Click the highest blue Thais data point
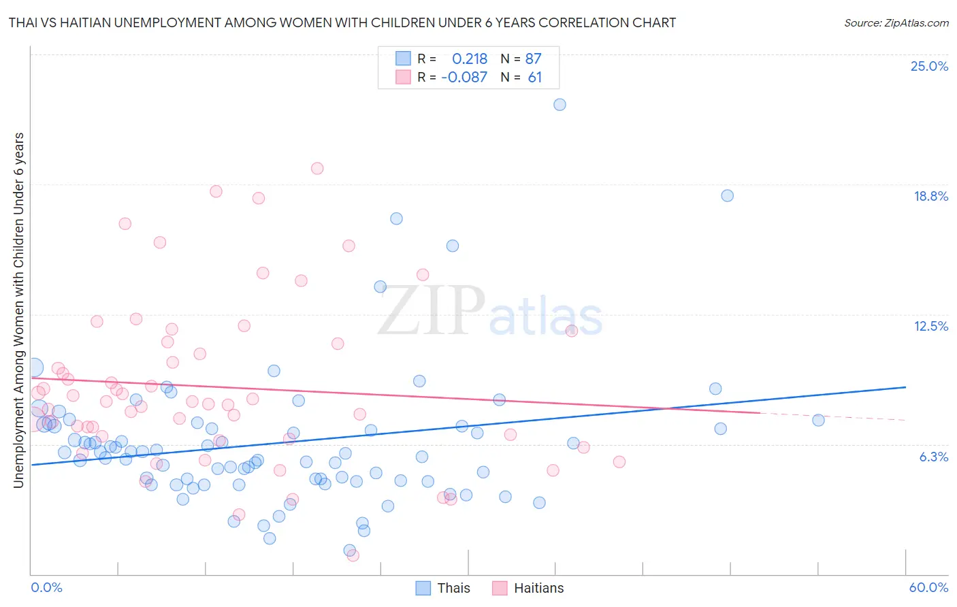click(x=559, y=104)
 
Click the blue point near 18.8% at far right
click(x=727, y=195)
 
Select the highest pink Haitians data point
click(x=317, y=168)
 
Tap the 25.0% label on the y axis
click(x=929, y=66)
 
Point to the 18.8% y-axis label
click(x=930, y=196)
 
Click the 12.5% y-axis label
click(x=930, y=326)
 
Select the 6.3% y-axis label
click(x=933, y=457)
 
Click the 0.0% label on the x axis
click(x=46, y=587)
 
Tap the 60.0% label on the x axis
click(x=928, y=587)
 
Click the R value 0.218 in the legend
click(x=470, y=59)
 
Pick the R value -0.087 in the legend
click(x=464, y=77)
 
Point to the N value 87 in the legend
click(x=533, y=59)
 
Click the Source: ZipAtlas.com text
click(x=896, y=22)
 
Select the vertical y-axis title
click(x=19, y=310)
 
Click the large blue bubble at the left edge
click(x=33, y=368)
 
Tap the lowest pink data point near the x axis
click(x=353, y=555)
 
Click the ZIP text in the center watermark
click(x=431, y=312)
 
